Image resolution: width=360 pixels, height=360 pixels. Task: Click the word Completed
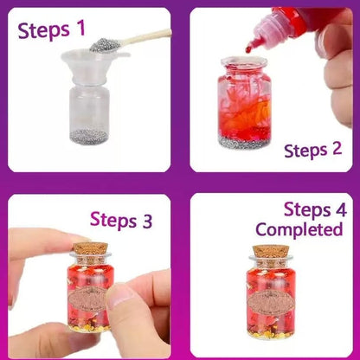pos(299,230)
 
